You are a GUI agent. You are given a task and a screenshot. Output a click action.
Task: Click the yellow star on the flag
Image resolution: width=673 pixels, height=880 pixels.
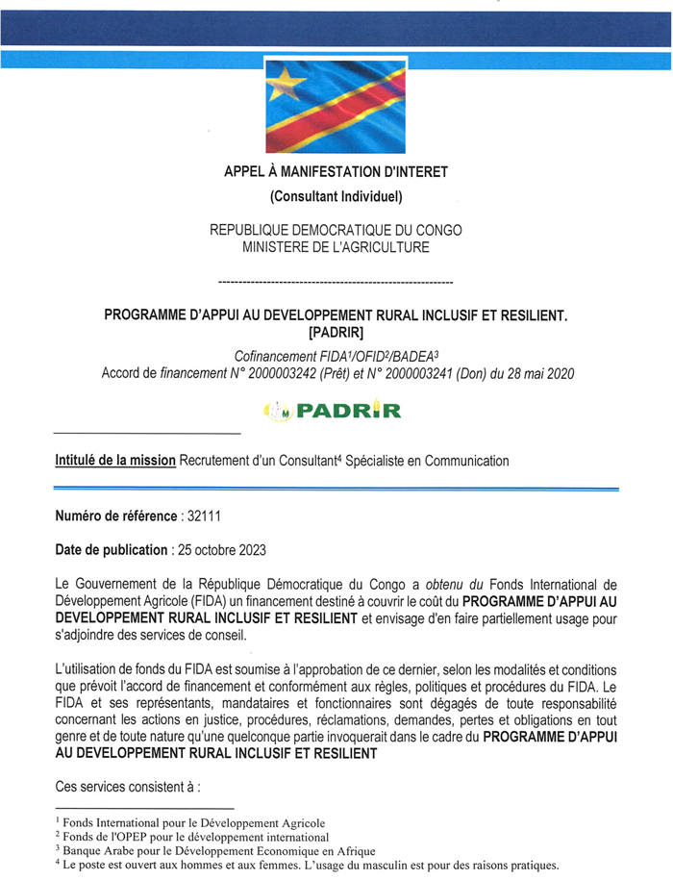click(285, 88)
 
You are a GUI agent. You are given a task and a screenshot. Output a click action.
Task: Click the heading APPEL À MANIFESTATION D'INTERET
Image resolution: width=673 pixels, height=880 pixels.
click(336, 172)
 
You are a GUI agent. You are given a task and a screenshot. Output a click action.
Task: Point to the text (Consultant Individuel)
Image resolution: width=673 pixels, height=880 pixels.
click(336, 198)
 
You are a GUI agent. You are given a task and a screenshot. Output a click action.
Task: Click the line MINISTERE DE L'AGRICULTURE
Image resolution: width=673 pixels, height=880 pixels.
click(336, 247)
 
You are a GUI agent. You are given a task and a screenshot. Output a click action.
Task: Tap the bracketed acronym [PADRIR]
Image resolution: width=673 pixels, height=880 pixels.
click(336, 333)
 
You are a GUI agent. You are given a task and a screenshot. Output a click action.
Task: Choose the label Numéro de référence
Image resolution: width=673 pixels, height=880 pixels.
click(116, 515)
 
